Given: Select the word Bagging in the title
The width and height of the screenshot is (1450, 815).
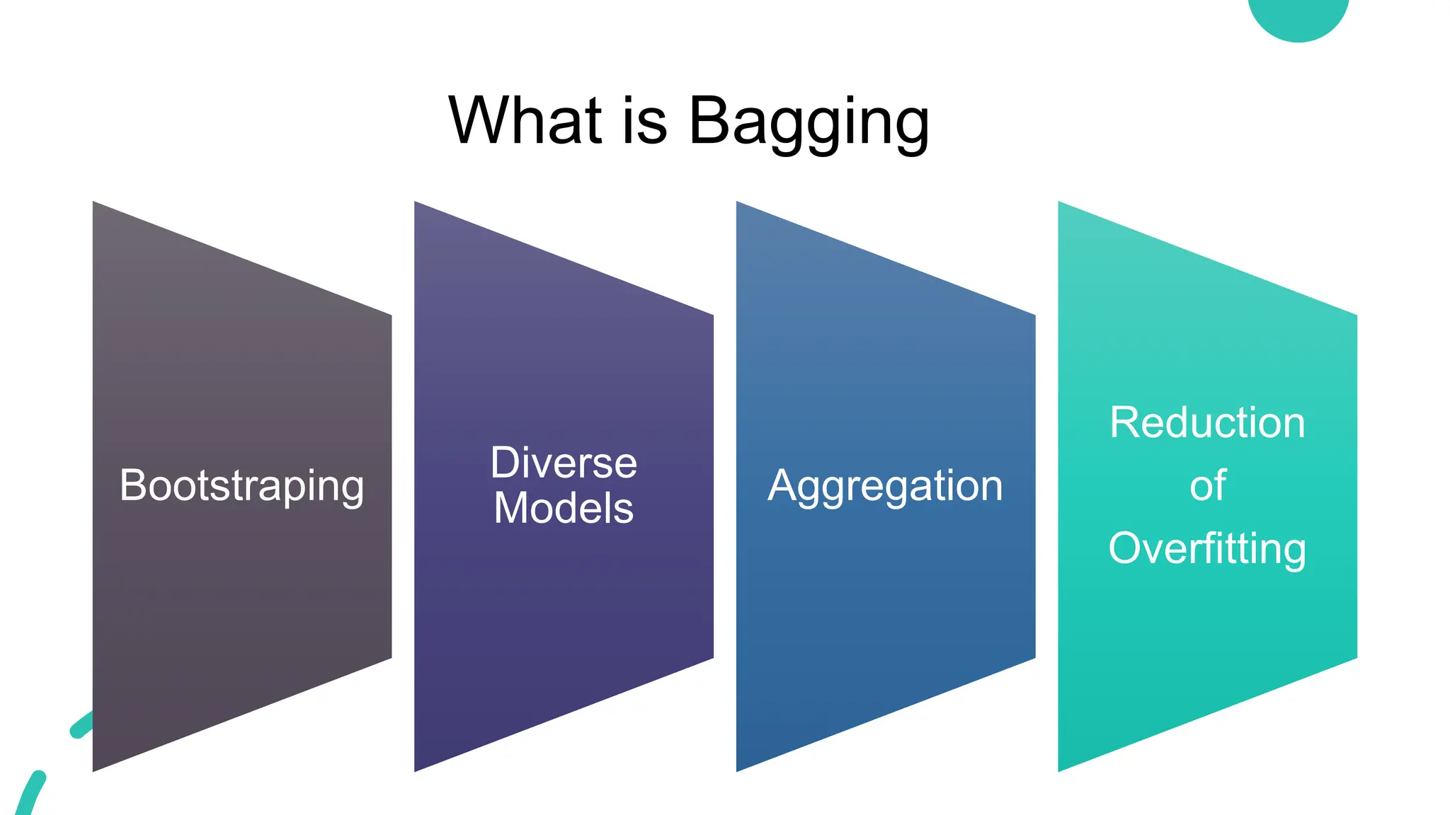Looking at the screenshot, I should pyautogui.click(x=809, y=122).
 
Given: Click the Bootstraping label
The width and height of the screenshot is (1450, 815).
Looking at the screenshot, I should pyautogui.click(x=241, y=486).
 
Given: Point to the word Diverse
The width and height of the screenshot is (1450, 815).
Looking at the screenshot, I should pyautogui.click(x=564, y=463).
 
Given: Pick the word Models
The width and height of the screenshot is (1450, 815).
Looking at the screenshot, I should pyautogui.click(x=564, y=508).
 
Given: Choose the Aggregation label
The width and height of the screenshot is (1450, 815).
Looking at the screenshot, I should pyautogui.click(x=885, y=486).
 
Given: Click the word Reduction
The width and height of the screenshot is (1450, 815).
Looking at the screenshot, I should pyautogui.click(x=1207, y=423).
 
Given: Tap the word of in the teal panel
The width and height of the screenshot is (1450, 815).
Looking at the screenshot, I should pyautogui.click(x=1207, y=486).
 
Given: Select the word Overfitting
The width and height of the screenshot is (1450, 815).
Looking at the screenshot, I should pyautogui.click(x=1207, y=549).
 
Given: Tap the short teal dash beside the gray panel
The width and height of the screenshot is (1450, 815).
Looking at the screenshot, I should pyautogui.click(x=82, y=725).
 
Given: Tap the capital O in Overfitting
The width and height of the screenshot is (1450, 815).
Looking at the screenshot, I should pyautogui.click(x=1127, y=548).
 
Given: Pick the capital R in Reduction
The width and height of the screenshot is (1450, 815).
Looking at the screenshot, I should pyautogui.click(x=1125, y=423).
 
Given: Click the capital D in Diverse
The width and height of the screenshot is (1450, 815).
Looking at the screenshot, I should pyautogui.click(x=506, y=463).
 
